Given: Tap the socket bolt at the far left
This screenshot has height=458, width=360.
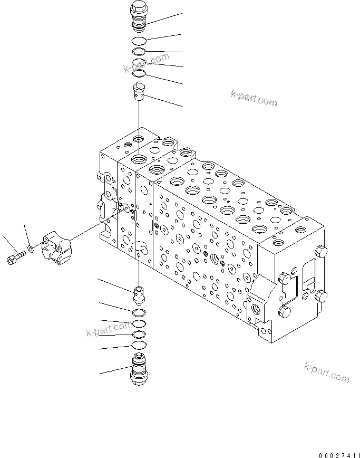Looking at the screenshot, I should [x=15, y=258].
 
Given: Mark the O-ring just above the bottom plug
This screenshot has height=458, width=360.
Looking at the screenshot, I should [x=139, y=345].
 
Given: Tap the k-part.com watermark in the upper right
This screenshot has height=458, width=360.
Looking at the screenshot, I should [x=254, y=98].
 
